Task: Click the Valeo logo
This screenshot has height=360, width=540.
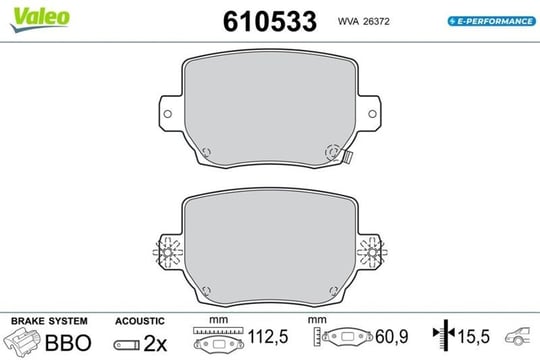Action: pyautogui.click(x=40, y=19)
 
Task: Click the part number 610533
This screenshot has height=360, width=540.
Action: pyautogui.click(x=270, y=21)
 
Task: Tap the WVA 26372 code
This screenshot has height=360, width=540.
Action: pyautogui.click(x=363, y=21)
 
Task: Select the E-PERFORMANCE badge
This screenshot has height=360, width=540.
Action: pyautogui.click(x=491, y=21)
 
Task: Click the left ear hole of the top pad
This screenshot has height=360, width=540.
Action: pyautogui.click(x=167, y=114)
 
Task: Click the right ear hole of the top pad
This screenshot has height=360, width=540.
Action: pyautogui.click(x=372, y=114)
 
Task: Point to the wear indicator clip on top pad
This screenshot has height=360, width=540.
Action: pyautogui.click(x=347, y=157)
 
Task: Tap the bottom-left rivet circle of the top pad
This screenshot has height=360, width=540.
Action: pyautogui.click(x=206, y=152)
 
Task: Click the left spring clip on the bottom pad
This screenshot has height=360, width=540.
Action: pyautogui.click(x=167, y=252)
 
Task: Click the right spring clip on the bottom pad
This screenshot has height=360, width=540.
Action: pyautogui.click(x=372, y=252)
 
